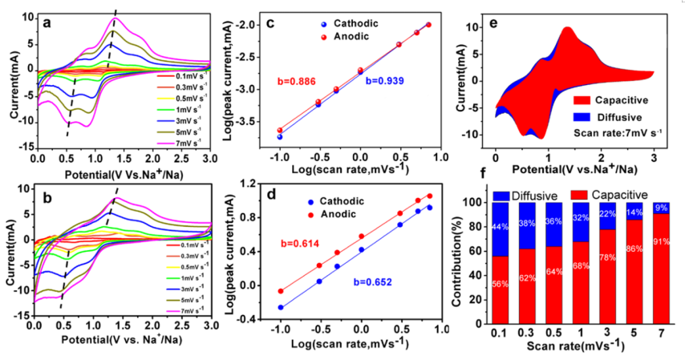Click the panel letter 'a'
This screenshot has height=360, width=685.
47,22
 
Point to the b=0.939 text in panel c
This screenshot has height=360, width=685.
384,80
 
